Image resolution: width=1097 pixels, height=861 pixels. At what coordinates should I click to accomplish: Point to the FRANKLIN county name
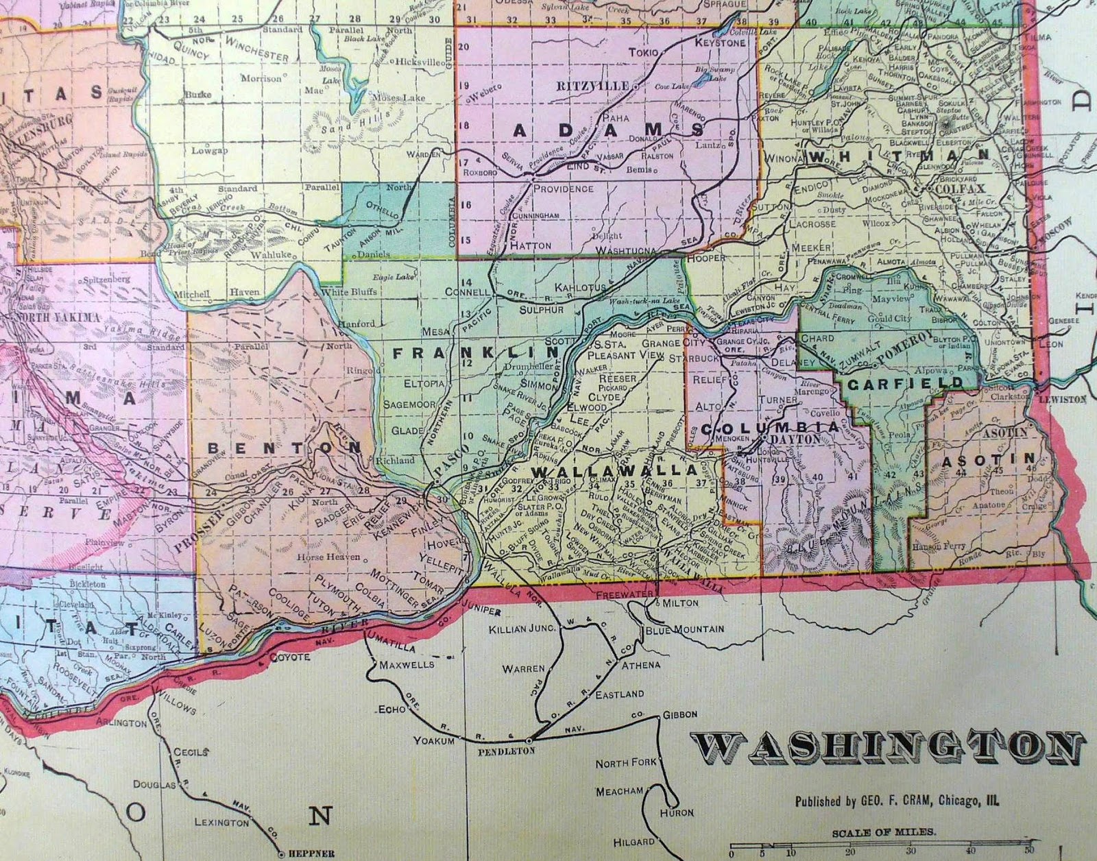coord(476,353)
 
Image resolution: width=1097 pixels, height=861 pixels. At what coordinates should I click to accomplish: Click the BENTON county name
coord(284,447)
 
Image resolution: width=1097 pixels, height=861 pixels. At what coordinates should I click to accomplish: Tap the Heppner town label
coord(304,854)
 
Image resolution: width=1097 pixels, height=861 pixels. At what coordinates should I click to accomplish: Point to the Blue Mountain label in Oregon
coord(684,628)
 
